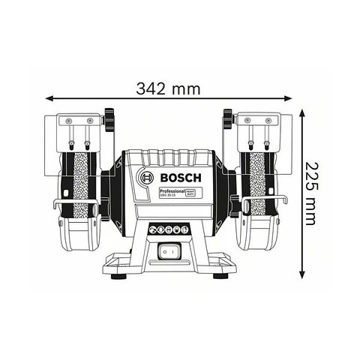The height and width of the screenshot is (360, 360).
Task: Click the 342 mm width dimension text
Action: point(169,88)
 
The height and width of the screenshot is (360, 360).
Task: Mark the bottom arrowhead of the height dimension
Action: point(302,274)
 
